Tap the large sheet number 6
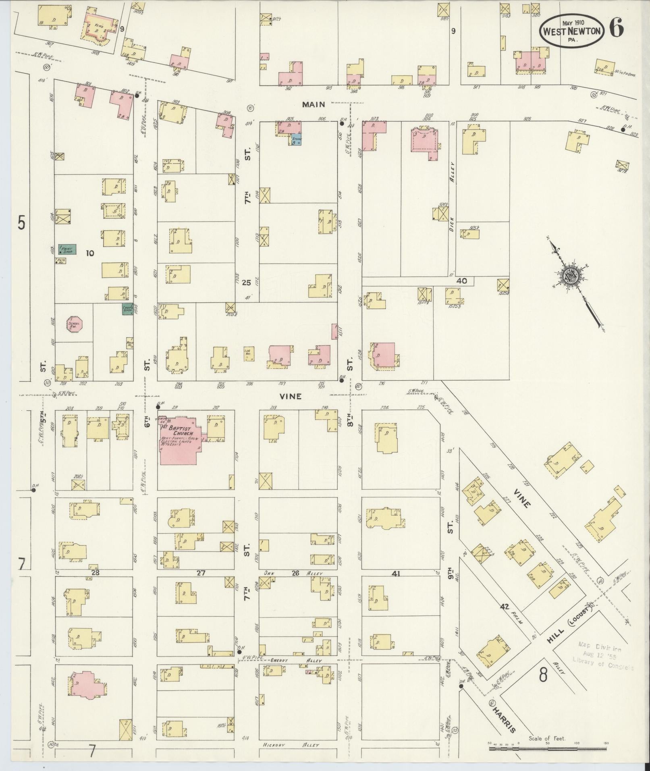[x=617, y=28]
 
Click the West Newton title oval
[x=572, y=31]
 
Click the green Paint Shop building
[x=67, y=249]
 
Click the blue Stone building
[x=297, y=139]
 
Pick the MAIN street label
[x=314, y=105]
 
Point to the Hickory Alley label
[x=290, y=745]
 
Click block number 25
[x=247, y=283]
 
